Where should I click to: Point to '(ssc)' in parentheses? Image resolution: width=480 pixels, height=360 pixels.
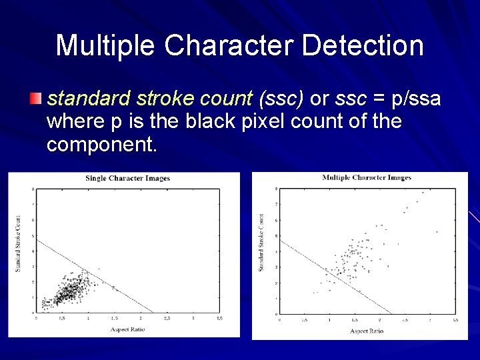coord(284,99)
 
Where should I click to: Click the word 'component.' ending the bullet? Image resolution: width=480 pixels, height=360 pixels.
coord(102,144)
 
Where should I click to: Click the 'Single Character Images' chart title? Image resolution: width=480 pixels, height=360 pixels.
coord(127,178)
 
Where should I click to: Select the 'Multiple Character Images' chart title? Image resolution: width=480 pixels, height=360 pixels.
coord(367,177)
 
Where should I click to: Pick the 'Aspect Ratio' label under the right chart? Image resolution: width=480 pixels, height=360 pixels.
coord(367,331)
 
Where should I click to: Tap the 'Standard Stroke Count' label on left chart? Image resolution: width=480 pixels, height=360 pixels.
coord(18,243)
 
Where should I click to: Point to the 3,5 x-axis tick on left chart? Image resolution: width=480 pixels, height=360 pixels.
coord(219,319)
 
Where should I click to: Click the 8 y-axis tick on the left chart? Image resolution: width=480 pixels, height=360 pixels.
coord(33,189)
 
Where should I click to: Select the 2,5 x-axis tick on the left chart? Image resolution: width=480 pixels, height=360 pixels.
coord(167,319)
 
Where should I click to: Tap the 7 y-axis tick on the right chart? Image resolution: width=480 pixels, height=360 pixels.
coord(277,204)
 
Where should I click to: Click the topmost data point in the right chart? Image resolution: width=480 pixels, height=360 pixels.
coord(423,193)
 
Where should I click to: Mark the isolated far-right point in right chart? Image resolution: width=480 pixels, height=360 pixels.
coord(437,232)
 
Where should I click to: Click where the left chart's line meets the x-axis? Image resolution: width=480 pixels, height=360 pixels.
coord(154,313)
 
